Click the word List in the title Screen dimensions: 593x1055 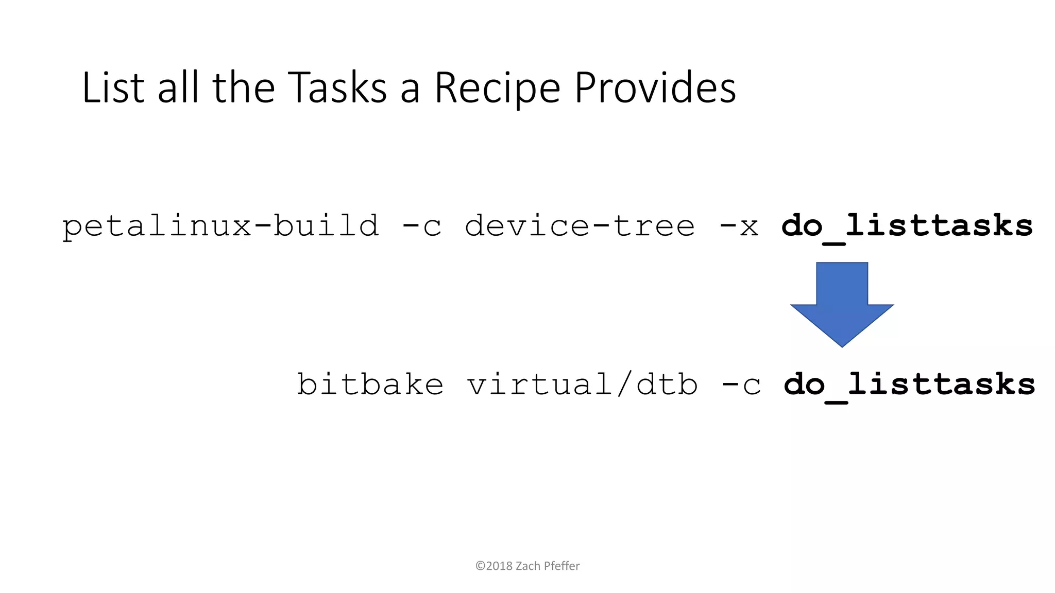pos(113,88)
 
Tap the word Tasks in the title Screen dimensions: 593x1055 pos(337,88)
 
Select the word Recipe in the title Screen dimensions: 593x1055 pos(497,89)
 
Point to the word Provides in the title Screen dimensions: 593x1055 pos(655,88)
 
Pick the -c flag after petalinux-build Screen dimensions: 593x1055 pos(421,226)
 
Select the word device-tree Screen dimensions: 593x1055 pos(580,226)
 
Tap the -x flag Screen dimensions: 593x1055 pos(738,226)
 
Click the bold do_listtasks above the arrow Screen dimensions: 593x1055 pos(907,226)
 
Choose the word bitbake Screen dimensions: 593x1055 pos(370,385)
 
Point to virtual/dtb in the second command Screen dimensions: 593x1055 pos(583,385)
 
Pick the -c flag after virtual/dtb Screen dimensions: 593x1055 pos(741,385)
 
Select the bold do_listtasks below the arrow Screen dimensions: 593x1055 pos(909,385)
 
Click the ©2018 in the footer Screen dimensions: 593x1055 pos(494,566)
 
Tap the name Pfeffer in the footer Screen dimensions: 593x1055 pos(561,566)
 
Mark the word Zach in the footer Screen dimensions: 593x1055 pos(528,566)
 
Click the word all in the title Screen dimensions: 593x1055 pos(178,88)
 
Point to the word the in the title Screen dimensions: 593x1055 pos(244,88)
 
